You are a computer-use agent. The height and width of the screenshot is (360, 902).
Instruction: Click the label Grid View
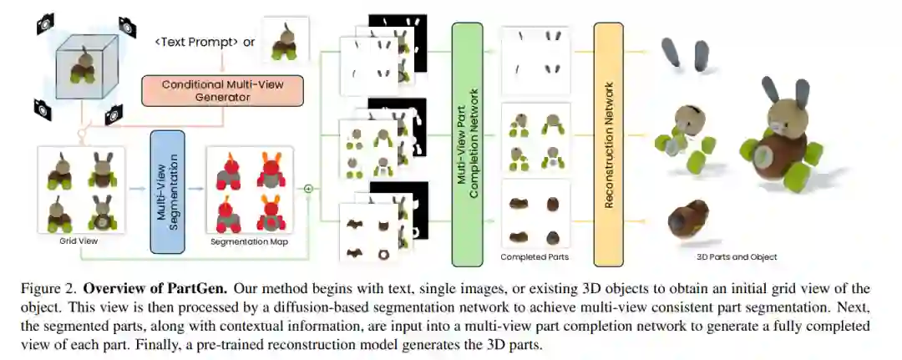79,240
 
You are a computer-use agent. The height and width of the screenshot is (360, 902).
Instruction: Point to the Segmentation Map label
249,240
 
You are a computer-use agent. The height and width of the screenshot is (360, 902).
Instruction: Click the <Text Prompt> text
197,42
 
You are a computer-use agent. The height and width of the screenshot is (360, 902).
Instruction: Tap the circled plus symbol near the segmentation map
307,189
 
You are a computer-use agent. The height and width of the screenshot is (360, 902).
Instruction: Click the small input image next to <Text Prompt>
284,40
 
